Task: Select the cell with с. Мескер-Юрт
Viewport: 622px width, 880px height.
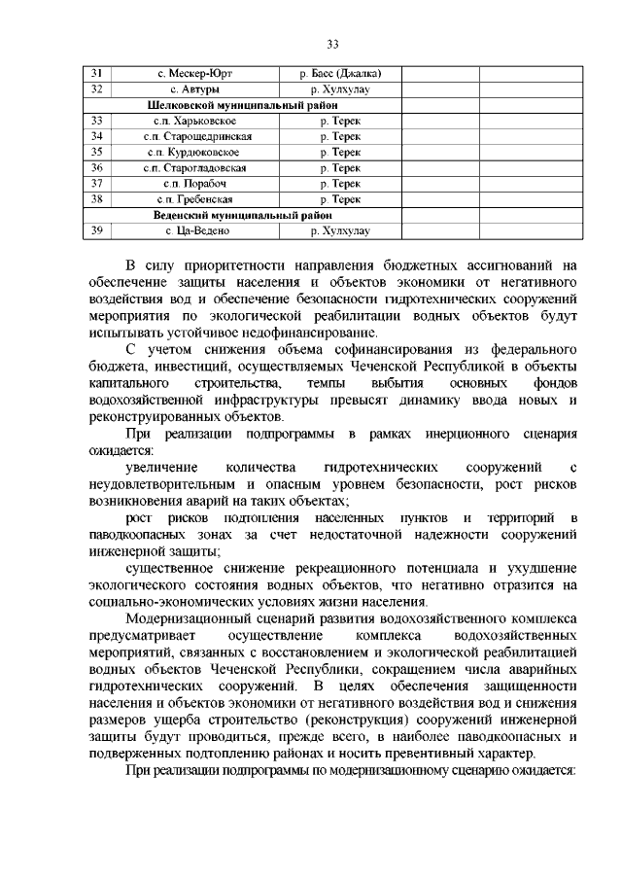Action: [194, 74]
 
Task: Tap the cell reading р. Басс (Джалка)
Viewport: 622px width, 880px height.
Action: [339, 74]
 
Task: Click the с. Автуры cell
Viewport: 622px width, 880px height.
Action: [194, 89]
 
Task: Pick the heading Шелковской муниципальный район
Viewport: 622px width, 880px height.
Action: [239, 105]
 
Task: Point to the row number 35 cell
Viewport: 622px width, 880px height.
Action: [96, 152]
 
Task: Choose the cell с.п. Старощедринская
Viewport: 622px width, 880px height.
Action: [194, 136]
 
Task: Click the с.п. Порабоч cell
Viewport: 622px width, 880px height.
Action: [194, 183]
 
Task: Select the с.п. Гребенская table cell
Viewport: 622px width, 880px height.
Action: [194, 199]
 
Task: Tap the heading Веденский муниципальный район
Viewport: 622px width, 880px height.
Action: [239, 215]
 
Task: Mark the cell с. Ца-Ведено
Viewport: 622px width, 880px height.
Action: [194, 230]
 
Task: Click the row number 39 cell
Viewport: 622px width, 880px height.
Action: [96, 230]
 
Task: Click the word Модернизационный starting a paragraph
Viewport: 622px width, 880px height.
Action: [186, 618]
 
